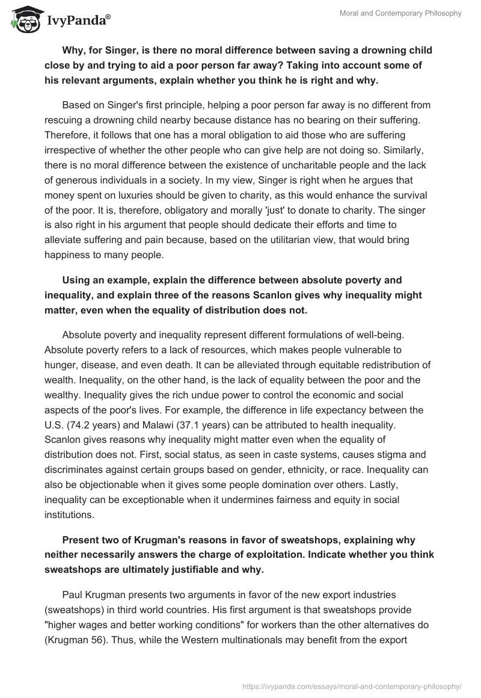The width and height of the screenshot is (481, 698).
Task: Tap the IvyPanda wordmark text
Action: tap(79, 21)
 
